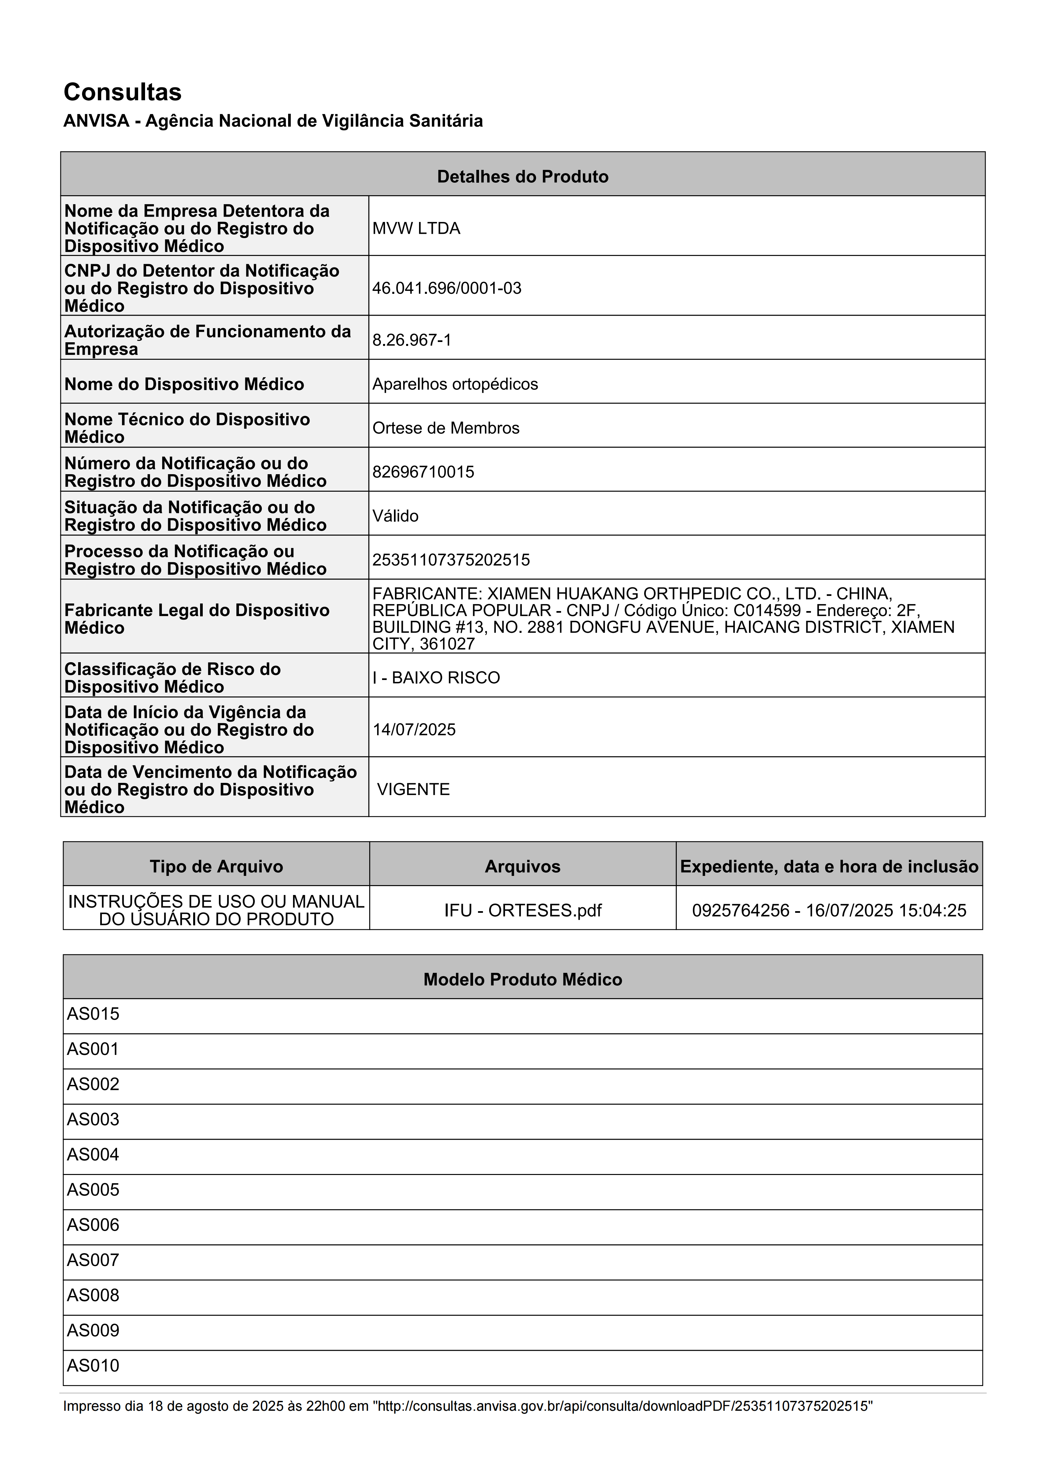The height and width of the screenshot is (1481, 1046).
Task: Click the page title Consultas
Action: pos(123,92)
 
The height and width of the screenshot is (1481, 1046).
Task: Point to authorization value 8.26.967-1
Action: pos(411,340)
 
